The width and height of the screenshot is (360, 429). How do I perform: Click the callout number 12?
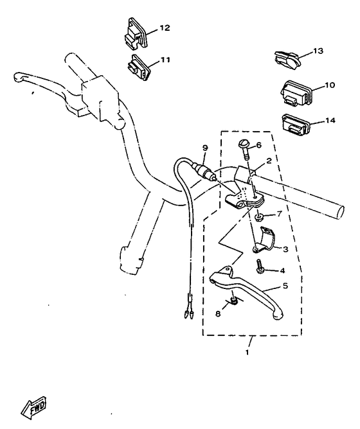(x=165, y=28)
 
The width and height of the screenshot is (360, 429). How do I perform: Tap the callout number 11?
(x=165, y=60)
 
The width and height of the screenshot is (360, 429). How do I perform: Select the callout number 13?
(x=318, y=51)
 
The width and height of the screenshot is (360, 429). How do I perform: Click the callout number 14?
(x=330, y=120)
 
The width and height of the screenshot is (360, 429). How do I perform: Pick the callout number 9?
(x=205, y=148)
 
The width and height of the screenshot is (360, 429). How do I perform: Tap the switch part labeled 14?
(x=296, y=123)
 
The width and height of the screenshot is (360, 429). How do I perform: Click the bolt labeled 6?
(x=246, y=150)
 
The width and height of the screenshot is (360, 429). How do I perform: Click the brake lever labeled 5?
(x=251, y=292)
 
